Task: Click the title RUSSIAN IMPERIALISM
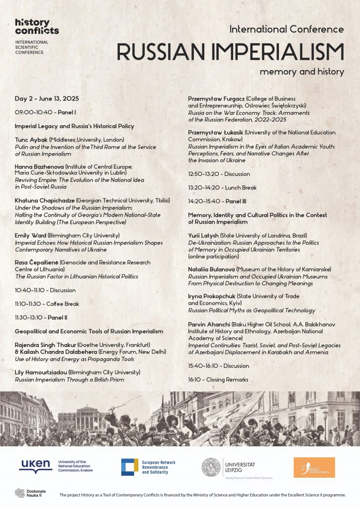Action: pyautogui.click(x=230, y=52)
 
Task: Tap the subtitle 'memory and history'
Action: pyautogui.click(x=301, y=72)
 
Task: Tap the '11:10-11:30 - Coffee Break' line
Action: pyautogui.click(x=47, y=304)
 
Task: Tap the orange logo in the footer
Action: pyautogui.click(x=314, y=467)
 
